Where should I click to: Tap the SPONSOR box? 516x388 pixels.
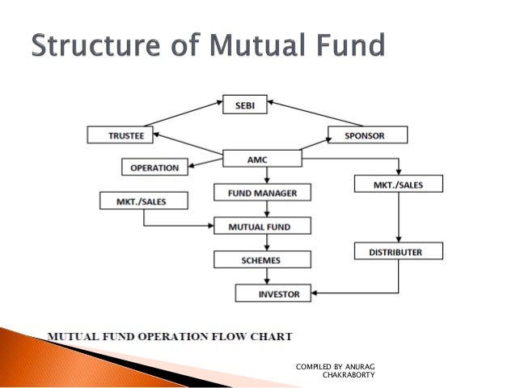367,134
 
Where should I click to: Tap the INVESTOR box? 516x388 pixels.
273,292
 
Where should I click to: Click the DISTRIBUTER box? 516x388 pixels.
389,252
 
